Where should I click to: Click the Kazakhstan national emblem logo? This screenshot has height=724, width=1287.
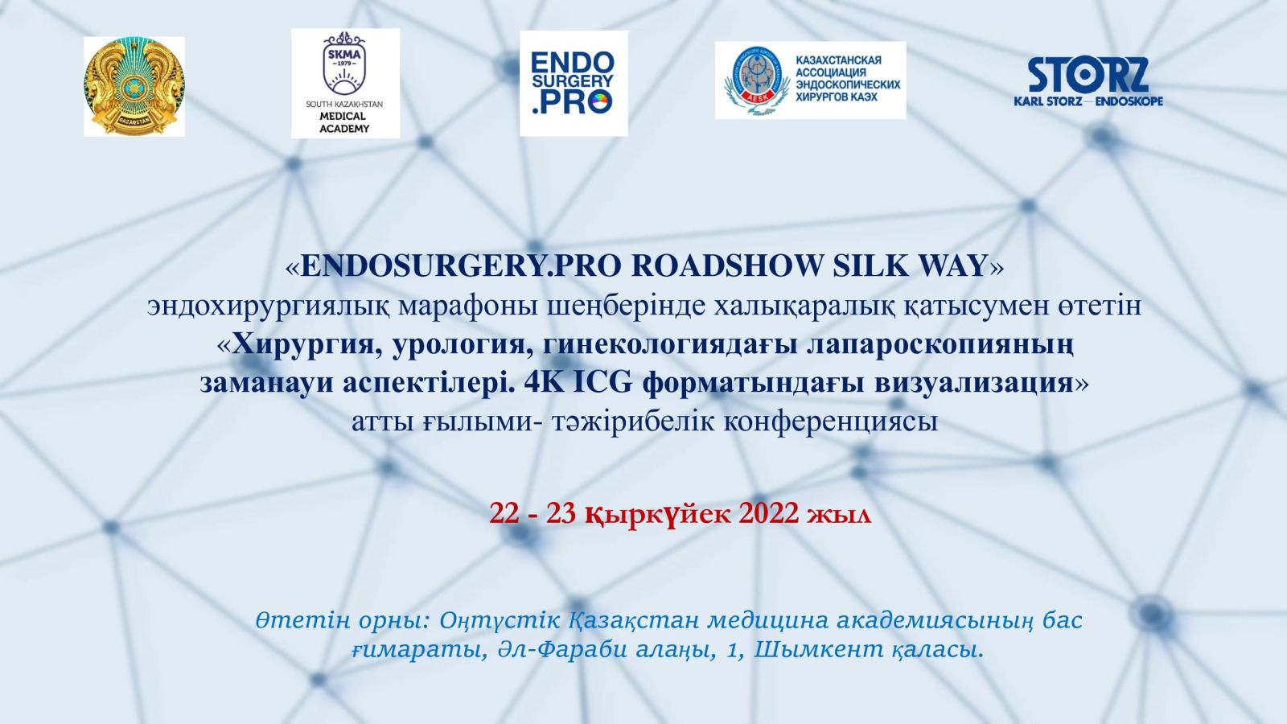pos(134,86)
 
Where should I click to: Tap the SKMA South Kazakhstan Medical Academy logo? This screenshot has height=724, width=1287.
pos(345,84)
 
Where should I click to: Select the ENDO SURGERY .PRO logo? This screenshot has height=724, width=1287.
pos(574,84)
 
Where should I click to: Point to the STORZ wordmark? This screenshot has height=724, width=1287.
pos(1088,76)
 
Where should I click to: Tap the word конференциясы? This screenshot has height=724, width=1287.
pos(830,423)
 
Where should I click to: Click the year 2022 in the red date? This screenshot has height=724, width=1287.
pos(769,513)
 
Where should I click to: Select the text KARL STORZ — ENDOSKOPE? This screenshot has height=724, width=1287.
pos(1088,101)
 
